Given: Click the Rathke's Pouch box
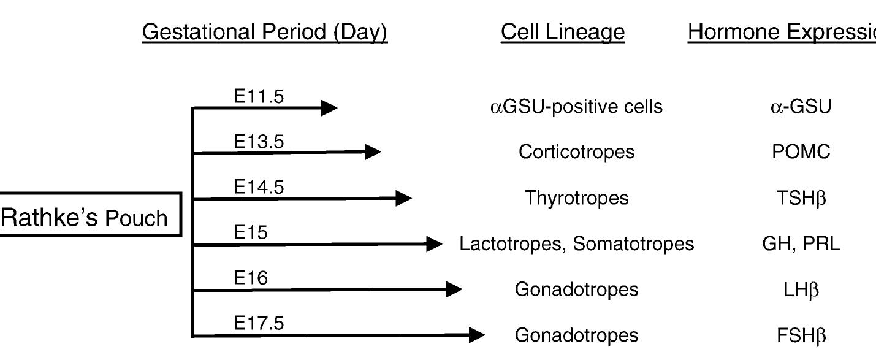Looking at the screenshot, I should click(90, 215).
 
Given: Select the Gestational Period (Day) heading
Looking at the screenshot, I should click(264, 32).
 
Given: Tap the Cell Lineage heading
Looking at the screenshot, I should click(562, 32).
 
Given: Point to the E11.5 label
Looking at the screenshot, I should click(259, 96).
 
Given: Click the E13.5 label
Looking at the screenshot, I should click(259, 142).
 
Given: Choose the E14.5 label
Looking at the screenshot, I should click(259, 187).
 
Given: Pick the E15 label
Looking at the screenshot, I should click(251, 233).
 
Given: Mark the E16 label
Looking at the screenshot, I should click(251, 278).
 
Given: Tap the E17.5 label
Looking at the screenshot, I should click(259, 323).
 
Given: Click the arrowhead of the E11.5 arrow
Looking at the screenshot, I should click(329, 108).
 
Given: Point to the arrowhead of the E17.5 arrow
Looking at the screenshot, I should click(477, 335).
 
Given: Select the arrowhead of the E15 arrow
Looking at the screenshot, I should click(434, 245).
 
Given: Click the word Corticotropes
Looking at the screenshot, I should click(576, 152).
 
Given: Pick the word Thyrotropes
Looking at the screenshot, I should click(576, 198).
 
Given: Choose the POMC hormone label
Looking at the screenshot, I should click(801, 152).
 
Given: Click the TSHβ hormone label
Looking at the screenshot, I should click(801, 198).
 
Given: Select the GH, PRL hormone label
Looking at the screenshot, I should click(801, 244).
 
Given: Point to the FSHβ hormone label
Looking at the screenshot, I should click(801, 335).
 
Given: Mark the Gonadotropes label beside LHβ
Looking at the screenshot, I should click(576, 289).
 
